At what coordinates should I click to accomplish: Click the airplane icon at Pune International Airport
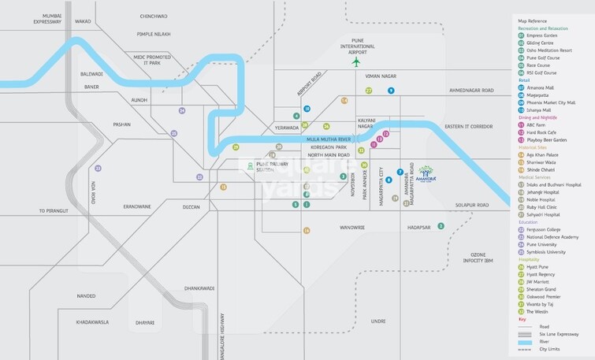click(355, 61)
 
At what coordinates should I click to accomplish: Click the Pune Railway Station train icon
click(250, 166)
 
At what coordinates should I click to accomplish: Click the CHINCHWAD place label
click(154, 16)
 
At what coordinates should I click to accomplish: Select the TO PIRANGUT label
click(54, 211)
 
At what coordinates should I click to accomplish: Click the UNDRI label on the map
click(378, 321)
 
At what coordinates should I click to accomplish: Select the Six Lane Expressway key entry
click(556, 333)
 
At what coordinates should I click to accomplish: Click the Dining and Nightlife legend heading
click(542, 117)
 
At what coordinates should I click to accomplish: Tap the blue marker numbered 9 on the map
click(391, 91)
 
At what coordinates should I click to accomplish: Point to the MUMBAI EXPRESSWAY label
click(41, 20)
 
